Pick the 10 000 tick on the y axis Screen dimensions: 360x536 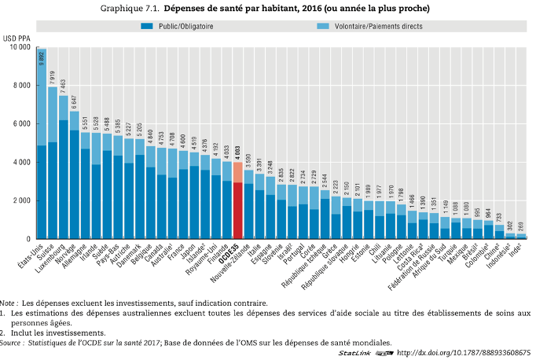pos(20,47)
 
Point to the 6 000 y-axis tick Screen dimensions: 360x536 pos(21,124)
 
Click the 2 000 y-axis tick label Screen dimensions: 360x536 pos(21,200)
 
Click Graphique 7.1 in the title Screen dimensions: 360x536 pos(130,9)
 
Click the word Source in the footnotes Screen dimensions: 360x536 pos(13,343)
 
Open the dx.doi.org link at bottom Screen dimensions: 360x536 pos(464,353)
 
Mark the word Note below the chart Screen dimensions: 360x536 pos(9,303)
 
